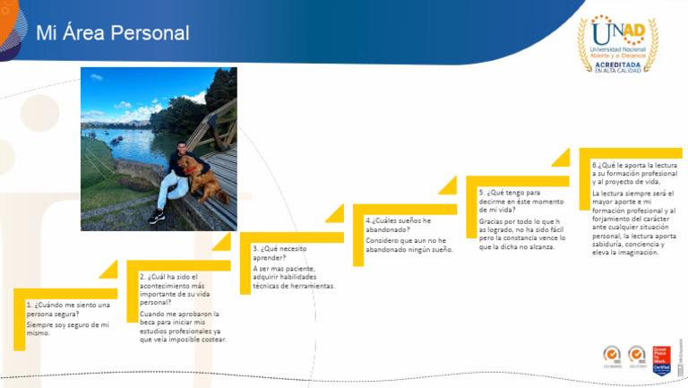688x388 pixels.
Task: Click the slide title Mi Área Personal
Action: [x=112, y=33]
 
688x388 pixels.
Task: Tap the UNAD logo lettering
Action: [x=618, y=32]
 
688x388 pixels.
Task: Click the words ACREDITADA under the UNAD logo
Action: [x=618, y=65]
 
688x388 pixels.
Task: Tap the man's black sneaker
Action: [x=157, y=217]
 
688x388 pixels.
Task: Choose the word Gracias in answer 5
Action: [x=491, y=220]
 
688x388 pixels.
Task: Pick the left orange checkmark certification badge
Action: [x=613, y=356]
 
